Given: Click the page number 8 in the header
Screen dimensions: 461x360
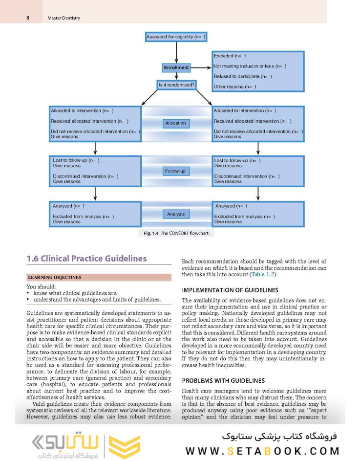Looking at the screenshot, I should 28,18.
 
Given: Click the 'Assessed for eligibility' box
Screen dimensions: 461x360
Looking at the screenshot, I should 176,37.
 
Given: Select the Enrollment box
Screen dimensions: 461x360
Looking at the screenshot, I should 176,67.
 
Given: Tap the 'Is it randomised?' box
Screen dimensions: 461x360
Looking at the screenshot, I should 176,85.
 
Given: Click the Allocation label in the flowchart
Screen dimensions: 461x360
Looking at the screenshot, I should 176,123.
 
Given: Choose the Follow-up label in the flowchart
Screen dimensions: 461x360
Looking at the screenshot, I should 176,172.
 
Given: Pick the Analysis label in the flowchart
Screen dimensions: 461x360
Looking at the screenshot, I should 176,214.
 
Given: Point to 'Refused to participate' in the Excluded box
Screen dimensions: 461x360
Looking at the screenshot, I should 242,76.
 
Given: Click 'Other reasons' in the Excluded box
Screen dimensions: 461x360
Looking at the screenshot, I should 234,87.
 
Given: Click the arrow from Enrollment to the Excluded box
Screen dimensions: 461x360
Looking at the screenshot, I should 200,67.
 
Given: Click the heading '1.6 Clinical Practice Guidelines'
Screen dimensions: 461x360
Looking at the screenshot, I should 86,258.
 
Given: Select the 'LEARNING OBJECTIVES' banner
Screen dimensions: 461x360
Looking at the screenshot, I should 54,277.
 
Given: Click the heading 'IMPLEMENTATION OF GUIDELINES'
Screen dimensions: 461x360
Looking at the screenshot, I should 230,290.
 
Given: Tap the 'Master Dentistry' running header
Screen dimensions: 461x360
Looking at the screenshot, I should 64,18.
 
